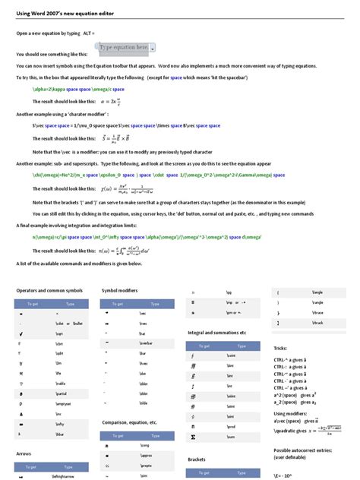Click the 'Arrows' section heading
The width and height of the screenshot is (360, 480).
click(x=24, y=453)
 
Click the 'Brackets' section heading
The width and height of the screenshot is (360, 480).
click(x=197, y=459)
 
